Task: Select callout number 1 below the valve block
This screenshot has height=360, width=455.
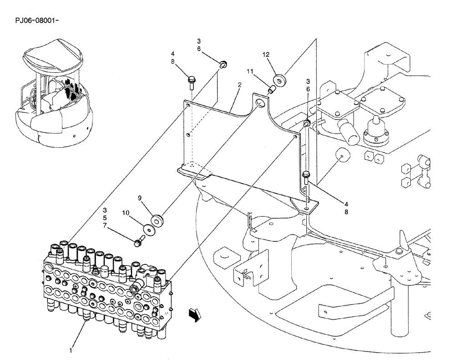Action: [x=71, y=350]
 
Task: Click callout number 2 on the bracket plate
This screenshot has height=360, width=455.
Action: [x=239, y=85]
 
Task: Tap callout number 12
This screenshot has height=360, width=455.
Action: [x=266, y=55]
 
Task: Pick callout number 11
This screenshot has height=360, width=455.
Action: [x=249, y=72]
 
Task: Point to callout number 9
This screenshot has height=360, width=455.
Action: [x=140, y=198]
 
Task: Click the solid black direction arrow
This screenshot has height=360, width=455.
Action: [x=195, y=314]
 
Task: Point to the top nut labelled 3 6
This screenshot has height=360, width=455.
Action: [x=223, y=65]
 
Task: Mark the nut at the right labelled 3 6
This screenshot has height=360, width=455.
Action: [x=308, y=124]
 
